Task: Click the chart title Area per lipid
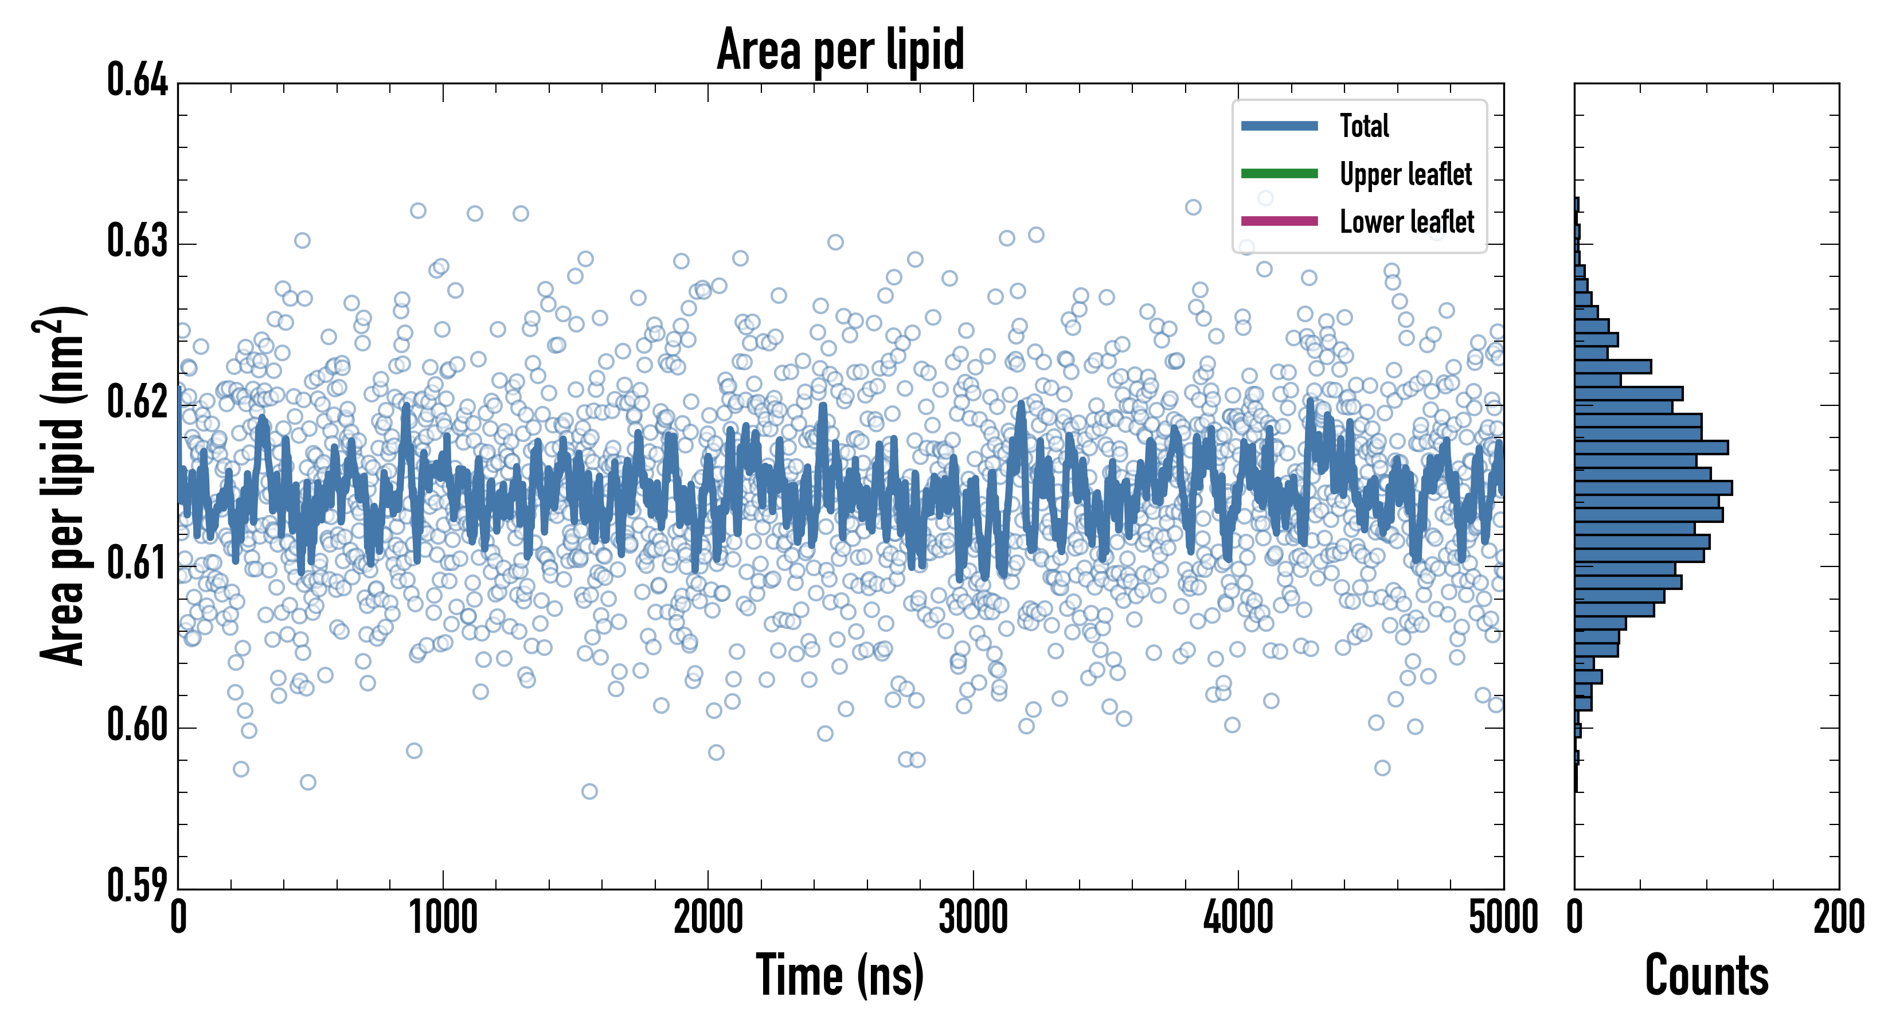tap(841, 50)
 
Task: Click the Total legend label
tap(1364, 126)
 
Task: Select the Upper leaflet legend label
tap(1405, 174)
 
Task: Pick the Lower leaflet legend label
tap(1406, 221)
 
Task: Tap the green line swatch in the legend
tap(1279, 173)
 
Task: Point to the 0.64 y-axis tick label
tap(138, 80)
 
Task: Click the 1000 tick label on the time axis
tap(443, 918)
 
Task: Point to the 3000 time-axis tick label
tap(973, 918)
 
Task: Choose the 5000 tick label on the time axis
tap(1503, 918)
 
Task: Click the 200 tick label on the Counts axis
tap(1838, 918)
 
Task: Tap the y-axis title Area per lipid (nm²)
tap(62, 485)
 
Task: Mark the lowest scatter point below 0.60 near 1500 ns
tap(589, 791)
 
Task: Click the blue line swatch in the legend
tap(1279, 126)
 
